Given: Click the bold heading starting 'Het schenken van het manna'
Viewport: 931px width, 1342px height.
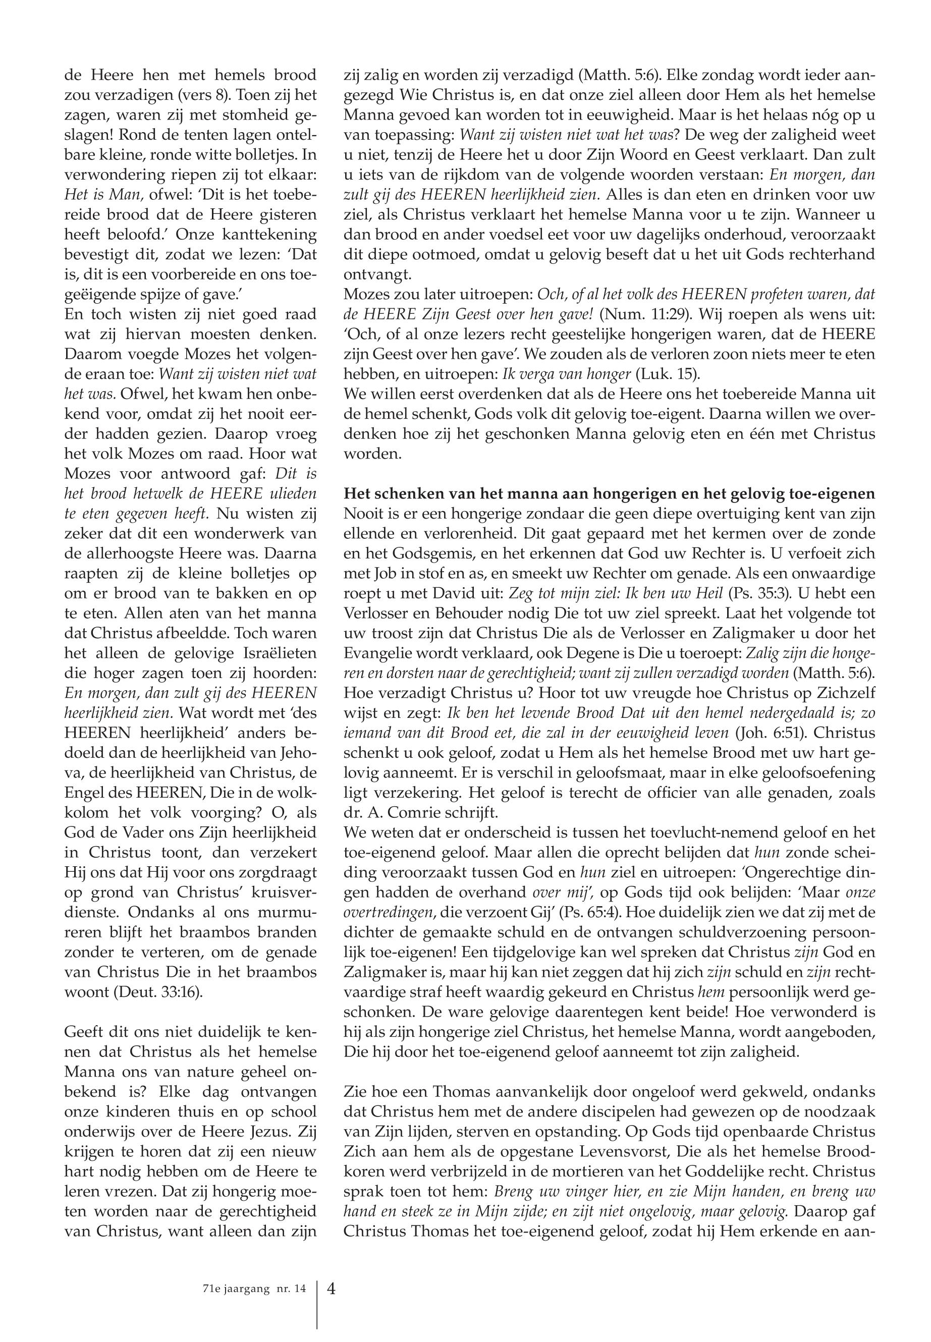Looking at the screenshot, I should (x=610, y=493).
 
